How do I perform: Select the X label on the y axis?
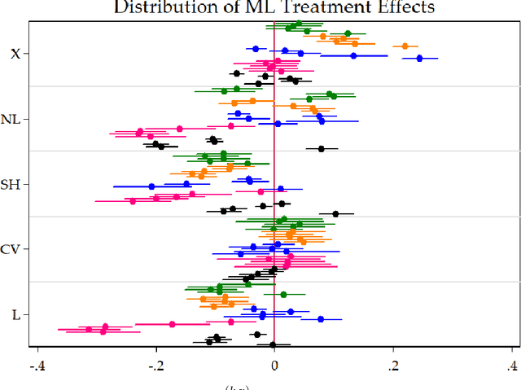pos(15,54)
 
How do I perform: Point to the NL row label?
pos(11,119)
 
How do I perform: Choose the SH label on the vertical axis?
pos(11,184)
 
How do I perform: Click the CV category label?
pos(11,249)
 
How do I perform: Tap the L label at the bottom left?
pos(16,314)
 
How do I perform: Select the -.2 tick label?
pos(154,363)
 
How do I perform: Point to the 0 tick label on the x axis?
pos(274,363)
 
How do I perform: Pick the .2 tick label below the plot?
pos(394,363)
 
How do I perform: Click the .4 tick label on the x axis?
pos(513,363)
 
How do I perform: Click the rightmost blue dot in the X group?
pos(419,59)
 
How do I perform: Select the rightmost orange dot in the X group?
pos(405,46)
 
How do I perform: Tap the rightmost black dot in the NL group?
pos(321,149)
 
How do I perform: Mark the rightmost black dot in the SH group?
pos(335,214)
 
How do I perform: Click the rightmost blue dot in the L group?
pos(320,319)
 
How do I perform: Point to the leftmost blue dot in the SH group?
pos(151,186)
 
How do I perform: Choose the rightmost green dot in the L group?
pos(283,295)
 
